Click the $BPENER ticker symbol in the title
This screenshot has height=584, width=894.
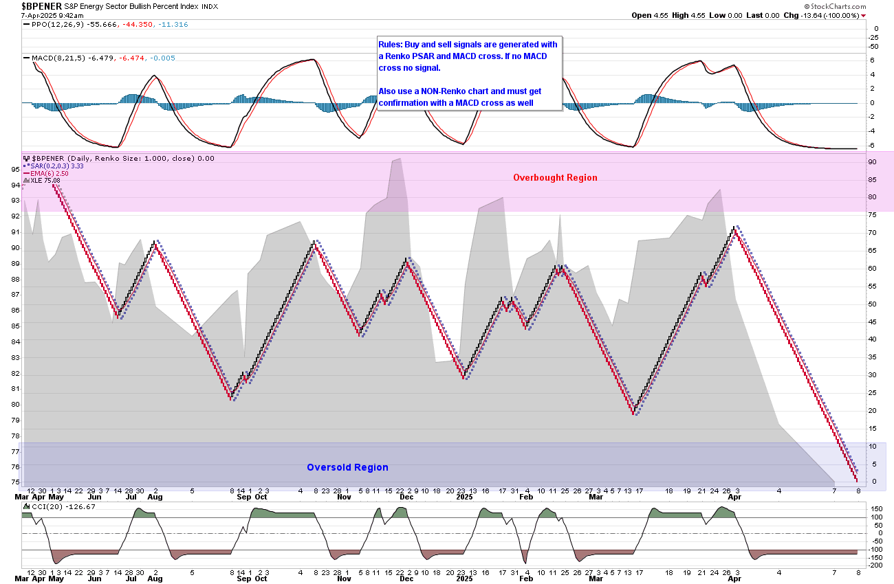pos(41,5)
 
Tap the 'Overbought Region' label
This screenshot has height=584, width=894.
pos(555,178)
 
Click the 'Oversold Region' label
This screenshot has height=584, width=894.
pos(347,468)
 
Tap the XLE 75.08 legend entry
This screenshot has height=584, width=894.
pos(45,181)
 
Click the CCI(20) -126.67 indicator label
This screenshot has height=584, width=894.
pos(58,507)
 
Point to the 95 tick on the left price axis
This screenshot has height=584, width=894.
pos(14,169)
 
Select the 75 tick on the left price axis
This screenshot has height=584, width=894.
pos(14,482)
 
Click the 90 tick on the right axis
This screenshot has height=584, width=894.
pos(871,161)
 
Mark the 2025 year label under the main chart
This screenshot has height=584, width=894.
pos(464,497)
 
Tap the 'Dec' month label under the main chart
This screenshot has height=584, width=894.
pos(406,497)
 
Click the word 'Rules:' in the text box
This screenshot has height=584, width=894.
pos(391,44)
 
